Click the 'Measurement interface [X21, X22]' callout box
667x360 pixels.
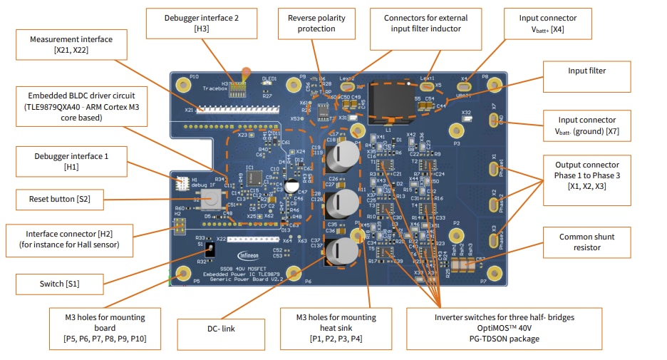(x=70, y=44)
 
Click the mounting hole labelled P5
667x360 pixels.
(x=182, y=272)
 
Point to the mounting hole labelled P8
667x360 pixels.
(x=492, y=84)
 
